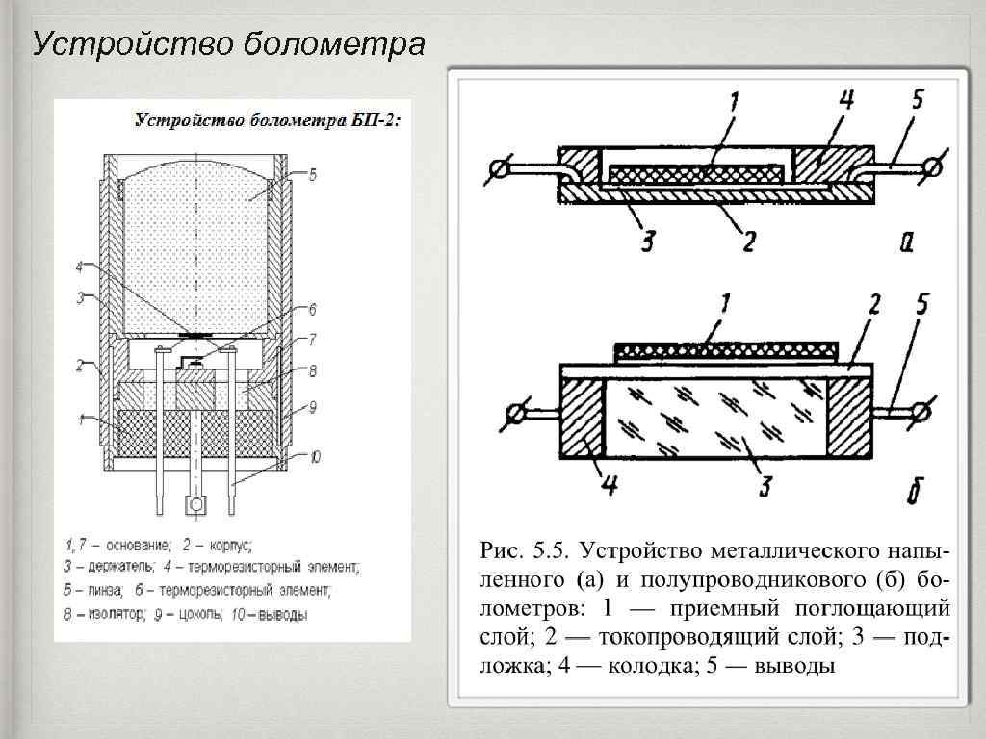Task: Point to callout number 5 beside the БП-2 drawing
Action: coord(312,174)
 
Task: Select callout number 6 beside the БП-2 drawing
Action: coord(312,310)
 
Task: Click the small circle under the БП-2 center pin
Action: coord(196,504)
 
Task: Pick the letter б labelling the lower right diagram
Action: coord(915,494)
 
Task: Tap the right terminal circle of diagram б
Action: coord(921,413)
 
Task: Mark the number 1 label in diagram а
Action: coord(734,101)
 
